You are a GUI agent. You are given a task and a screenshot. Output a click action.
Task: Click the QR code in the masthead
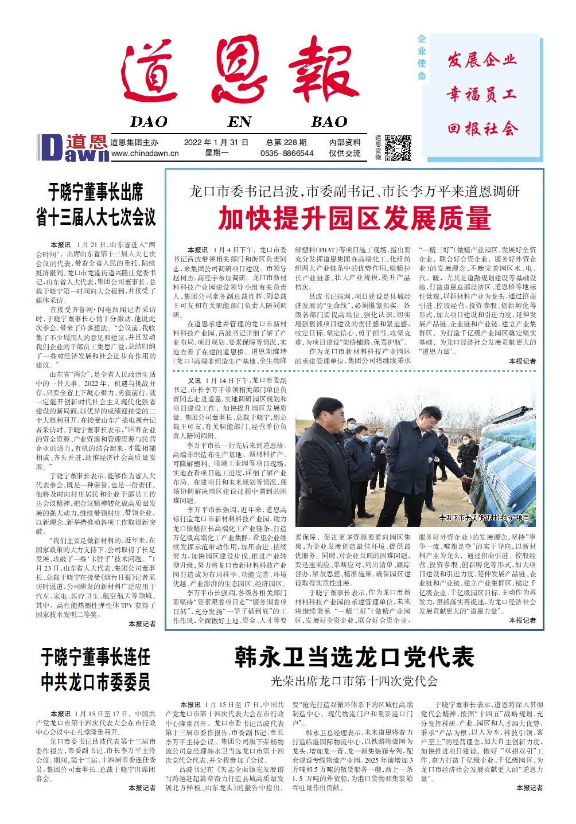(x=398, y=148)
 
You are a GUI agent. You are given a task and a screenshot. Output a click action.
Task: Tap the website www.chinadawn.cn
(x=145, y=154)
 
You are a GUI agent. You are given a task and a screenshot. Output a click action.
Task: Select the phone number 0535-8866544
(x=286, y=154)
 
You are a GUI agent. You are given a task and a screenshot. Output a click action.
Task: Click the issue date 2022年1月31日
(x=216, y=142)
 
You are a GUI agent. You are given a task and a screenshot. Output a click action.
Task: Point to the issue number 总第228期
(x=286, y=142)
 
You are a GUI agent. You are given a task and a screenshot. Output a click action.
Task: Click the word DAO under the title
(x=149, y=122)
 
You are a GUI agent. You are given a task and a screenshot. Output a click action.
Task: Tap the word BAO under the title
(x=329, y=122)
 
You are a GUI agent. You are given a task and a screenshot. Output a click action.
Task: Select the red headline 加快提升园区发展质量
(x=354, y=218)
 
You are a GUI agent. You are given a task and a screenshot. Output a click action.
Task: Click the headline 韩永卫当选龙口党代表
(x=354, y=657)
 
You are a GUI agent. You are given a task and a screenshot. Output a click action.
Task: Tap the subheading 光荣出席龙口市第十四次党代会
(x=354, y=681)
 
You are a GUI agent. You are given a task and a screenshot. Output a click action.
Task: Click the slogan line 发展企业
(x=482, y=60)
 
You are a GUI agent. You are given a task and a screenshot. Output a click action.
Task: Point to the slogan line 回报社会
(x=482, y=128)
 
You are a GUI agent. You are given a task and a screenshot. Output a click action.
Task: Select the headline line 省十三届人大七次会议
(x=96, y=217)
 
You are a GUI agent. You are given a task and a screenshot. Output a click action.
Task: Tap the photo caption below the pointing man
(x=484, y=518)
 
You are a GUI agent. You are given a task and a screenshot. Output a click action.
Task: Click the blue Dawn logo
(x=72, y=148)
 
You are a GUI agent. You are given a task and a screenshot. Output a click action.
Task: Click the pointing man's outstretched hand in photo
(x=469, y=477)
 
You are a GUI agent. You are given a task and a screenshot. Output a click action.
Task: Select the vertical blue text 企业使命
(x=422, y=57)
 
